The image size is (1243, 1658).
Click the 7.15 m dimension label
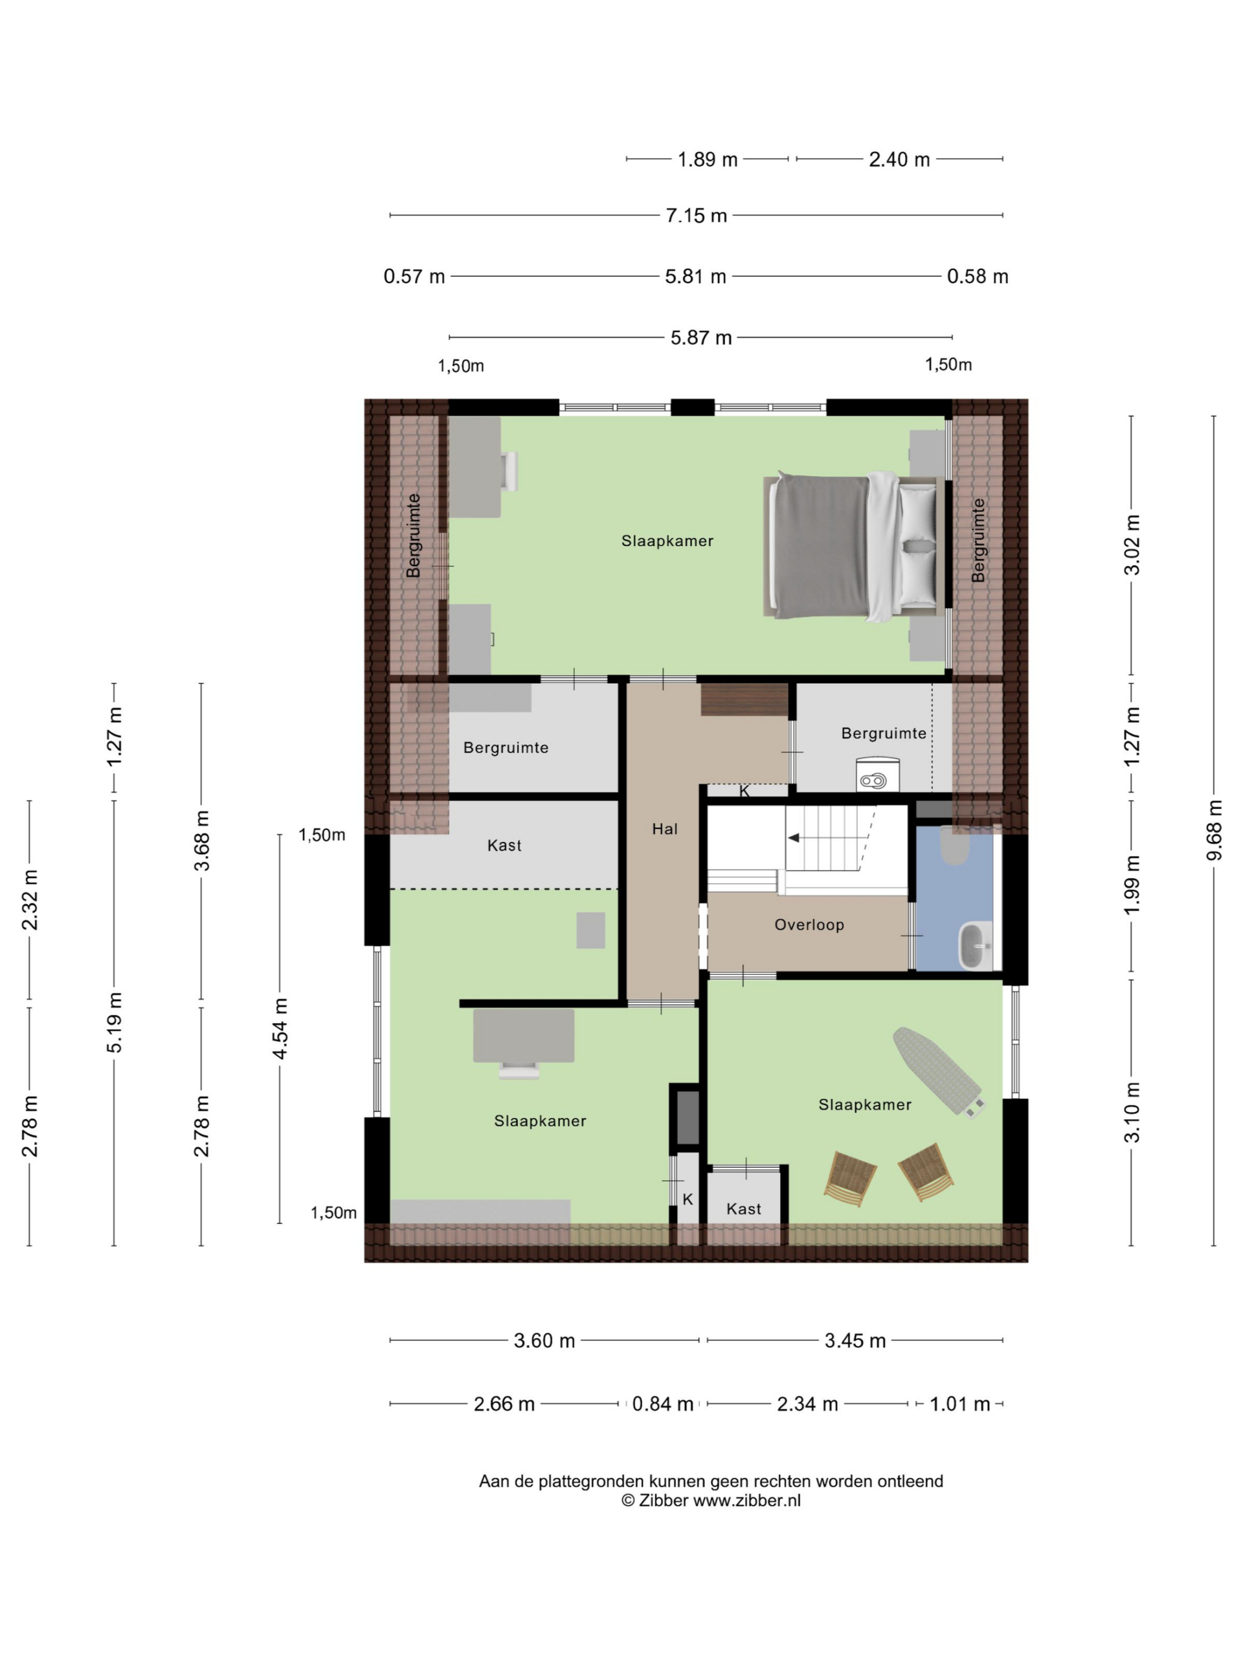pos(695,216)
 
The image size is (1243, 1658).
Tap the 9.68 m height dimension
pos(1213,830)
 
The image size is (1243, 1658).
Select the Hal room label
pos(664,829)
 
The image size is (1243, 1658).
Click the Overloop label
pos(809,925)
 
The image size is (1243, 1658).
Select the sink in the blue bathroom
pos(975,946)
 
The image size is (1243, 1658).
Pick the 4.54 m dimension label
pos(280,1028)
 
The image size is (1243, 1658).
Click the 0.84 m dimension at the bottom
pos(662,1404)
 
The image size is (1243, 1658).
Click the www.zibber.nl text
pos(746,1500)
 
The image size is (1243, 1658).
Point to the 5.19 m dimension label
pos(114,1023)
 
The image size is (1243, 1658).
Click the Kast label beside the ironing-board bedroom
pos(743,1209)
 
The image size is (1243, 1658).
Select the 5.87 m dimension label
pos(700,338)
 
